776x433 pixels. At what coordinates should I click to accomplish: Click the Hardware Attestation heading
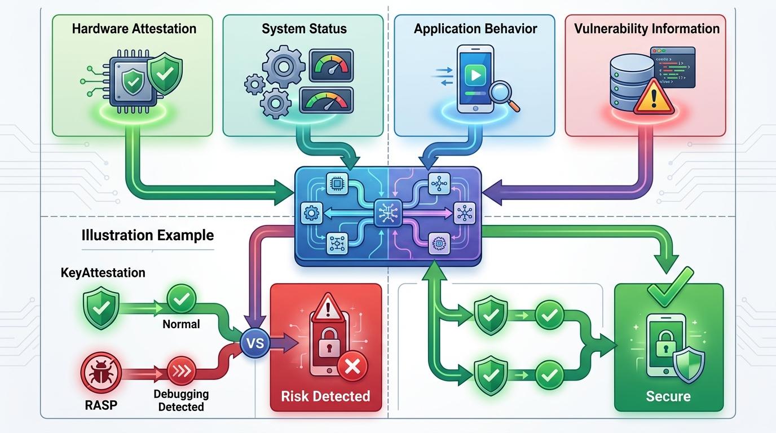pos(134,29)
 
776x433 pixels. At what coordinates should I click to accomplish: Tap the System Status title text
pos(304,29)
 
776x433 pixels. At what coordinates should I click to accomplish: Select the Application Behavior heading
pos(475,29)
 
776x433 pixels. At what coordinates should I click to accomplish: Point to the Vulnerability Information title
pos(647,29)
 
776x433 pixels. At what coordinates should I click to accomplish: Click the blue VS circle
pos(255,343)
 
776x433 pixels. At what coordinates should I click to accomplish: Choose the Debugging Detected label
pos(181,400)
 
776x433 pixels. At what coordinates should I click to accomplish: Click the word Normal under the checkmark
pos(181,324)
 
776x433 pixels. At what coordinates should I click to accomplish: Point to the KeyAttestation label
pos(103,273)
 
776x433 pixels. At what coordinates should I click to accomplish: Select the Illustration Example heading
pos(148,235)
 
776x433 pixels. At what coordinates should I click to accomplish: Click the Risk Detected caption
pos(325,396)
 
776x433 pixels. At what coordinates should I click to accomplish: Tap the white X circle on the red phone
pos(352,368)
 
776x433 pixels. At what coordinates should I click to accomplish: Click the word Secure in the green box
pos(668,396)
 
